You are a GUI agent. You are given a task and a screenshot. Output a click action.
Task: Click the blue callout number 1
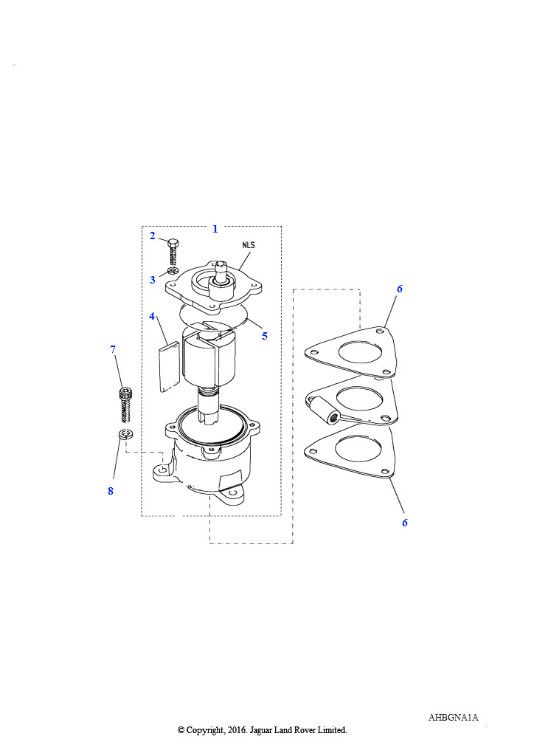pos(215,229)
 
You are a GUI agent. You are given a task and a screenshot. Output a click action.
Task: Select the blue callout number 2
pos(153,236)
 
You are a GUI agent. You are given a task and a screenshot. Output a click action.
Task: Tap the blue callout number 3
pos(153,280)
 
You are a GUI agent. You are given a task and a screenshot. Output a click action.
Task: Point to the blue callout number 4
pos(152,317)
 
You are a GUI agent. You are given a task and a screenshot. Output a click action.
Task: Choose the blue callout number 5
pos(264,336)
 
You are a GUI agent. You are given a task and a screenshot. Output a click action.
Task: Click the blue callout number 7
pos(113,349)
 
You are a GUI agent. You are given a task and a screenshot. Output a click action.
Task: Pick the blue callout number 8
pos(111,491)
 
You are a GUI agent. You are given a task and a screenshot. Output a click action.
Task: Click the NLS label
pos(249,245)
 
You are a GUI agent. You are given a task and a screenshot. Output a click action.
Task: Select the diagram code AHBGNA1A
pos(453,718)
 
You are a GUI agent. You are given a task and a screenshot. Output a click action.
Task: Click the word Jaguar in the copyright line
pos(262,730)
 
